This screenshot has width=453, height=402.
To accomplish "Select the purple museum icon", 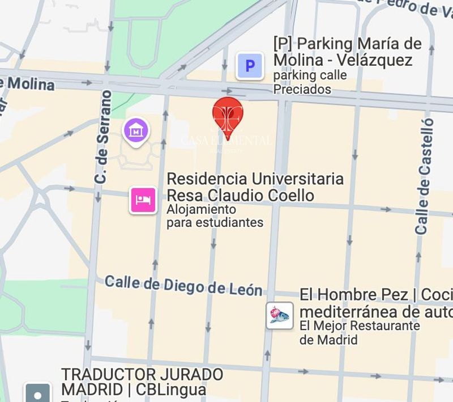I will click(x=136, y=132).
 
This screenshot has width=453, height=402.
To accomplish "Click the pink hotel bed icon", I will click(x=143, y=200).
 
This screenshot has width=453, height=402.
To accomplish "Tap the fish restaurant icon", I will click(x=280, y=315).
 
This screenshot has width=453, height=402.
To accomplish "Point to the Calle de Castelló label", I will click(x=424, y=176).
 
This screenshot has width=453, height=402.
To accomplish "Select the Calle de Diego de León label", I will click(x=183, y=285).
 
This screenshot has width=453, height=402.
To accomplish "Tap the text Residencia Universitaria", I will click(x=255, y=179).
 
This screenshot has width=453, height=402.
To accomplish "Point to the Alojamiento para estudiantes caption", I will click(x=215, y=216).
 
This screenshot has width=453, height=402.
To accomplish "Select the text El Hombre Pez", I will click(x=354, y=295).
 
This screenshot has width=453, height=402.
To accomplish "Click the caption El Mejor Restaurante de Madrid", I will click(x=360, y=333).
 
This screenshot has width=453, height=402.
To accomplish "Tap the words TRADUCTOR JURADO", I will click(x=142, y=375).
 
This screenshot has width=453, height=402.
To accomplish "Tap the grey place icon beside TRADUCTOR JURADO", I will click(x=38, y=393).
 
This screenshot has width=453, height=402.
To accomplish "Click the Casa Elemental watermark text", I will click(x=225, y=141).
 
